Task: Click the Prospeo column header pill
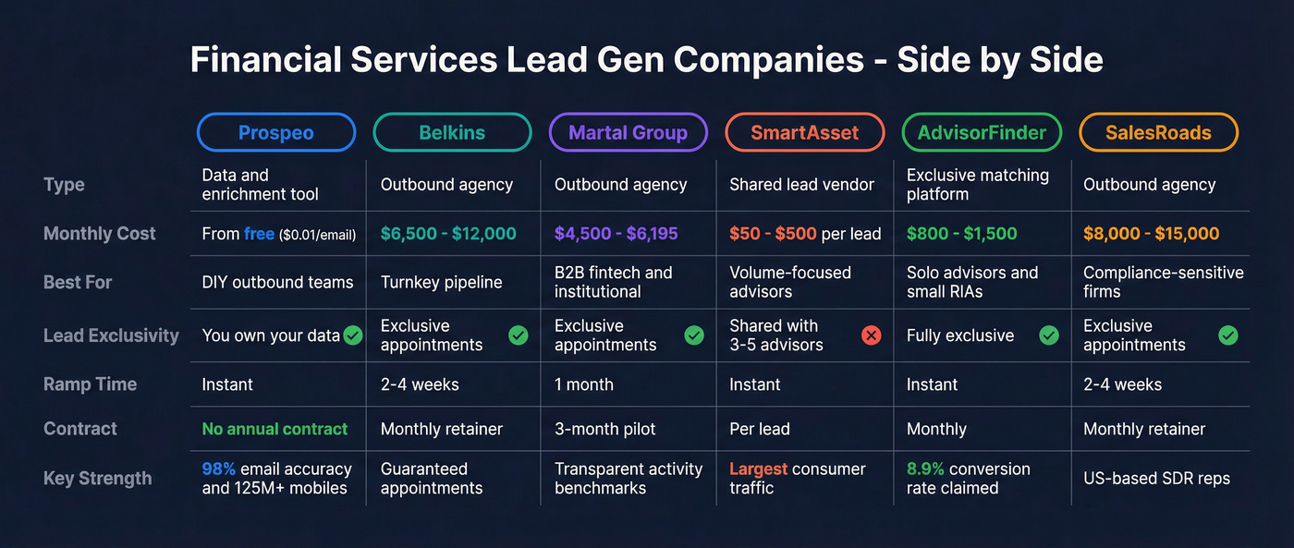(x=275, y=132)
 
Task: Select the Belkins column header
(x=452, y=132)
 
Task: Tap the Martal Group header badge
(x=628, y=132)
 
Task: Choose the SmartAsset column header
(x=804, y=132)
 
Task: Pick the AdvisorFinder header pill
(x=982, y=132)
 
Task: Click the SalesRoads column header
(x=1158, y=132)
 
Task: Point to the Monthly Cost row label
(x=100, y=234)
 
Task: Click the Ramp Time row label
(x=90, y=384)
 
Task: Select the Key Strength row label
(x=97, y=478)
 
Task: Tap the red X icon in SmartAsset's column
(x=871, y=335)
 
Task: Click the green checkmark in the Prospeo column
(x=353, y=335)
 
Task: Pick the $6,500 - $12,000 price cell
(x=448, y=234)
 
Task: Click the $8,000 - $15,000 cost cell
(x=1151, y=234)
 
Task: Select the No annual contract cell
(x=275, y=429)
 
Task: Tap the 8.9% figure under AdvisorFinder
(x=925, y=469)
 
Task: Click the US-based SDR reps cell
(x=1156, y=478)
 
